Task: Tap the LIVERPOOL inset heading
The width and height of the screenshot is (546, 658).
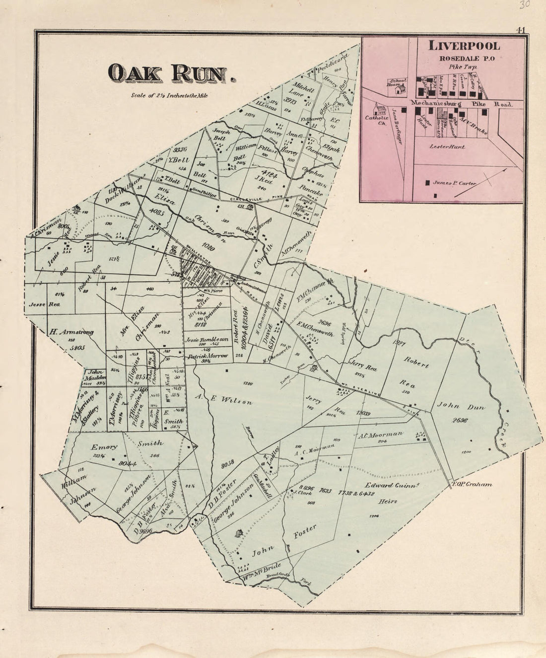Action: tap(464, 46)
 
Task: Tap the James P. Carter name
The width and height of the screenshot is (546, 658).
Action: tap(454, 183)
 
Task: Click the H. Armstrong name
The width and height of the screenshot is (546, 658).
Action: tap(71, 332)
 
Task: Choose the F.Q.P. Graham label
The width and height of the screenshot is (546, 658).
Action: tap(472, 484)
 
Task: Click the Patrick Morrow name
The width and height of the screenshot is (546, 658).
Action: tap(207, 356)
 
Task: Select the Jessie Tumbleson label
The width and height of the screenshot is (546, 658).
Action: tap(206, 340)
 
